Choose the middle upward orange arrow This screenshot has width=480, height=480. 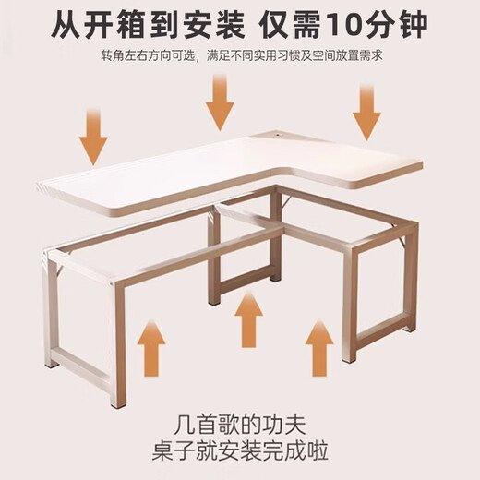coord(248,318)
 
